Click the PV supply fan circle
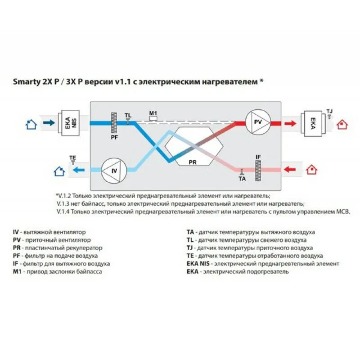click(x=258, y=122)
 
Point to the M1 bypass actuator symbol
click(x=153, y=118)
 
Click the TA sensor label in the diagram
click(x=242, y=179)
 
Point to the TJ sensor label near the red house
click(x=329, y=110)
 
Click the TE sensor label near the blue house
click(x=72, y=158)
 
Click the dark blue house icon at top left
click(x=31, y=124)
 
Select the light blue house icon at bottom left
click(x=58, y=171)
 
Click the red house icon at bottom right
click(x=311, y=170)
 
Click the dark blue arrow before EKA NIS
click(x=49, y=122)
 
